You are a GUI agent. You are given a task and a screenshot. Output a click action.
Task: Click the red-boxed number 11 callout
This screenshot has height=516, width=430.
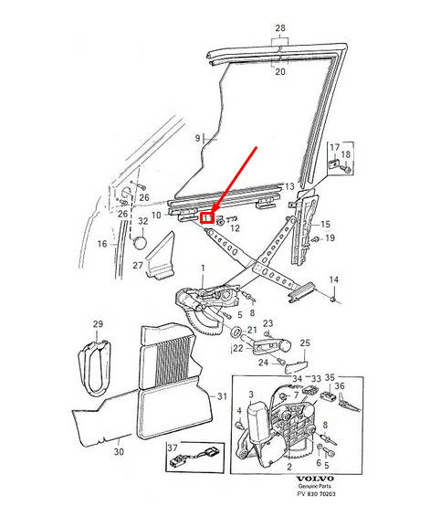pyautogui.click(x=207, y=218)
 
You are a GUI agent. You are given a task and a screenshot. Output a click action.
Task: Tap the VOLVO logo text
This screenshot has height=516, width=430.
pyautogui.click(x=315, y=479)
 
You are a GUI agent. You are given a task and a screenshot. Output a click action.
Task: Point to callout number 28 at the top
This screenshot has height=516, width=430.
pyautogui.click(x=280, y=28)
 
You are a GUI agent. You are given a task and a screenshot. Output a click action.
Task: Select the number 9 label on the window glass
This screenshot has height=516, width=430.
pyautogui.click(x=197, y=138)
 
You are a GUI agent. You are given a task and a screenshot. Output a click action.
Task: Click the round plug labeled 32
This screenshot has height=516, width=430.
pyautogui.click(x=139, y=243)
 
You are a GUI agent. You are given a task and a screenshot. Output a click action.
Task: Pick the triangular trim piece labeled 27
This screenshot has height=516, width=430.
pyautogui.click(x=161, y=256)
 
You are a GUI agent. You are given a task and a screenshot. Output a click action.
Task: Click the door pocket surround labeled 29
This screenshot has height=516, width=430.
pyautogui.click(x=94, y=368)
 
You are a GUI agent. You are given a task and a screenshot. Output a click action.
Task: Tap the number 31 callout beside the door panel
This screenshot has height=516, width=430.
pyautogui.click(x=222, y=396)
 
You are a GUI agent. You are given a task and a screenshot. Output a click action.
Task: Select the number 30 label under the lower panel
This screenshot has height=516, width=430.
pyautogui.click(x=119, y=451)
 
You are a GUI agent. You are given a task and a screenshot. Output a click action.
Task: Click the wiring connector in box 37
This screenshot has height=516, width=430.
pyautogui.click(x=195, y=456)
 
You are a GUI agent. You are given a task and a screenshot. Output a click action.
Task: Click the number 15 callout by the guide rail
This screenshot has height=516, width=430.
pyautogui.click(x=325, y=225)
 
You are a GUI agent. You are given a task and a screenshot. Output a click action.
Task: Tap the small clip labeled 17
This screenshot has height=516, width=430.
pyautogui.click(x=334, y=163)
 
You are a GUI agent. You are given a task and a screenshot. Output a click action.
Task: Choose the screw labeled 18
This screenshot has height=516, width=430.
pyautogui.click(x=346, y=169)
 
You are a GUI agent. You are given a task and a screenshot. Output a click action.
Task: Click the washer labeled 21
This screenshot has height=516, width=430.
pyautogui.click(x=236, y=332)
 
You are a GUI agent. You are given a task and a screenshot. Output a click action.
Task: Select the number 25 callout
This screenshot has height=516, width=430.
pyautogui.click(x=305, y=342)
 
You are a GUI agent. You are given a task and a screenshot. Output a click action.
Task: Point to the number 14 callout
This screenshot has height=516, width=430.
pyautogui.click(x=333, y=279)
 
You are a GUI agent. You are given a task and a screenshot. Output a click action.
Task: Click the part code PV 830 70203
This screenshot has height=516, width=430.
pyautogui.click(x=316, y=493)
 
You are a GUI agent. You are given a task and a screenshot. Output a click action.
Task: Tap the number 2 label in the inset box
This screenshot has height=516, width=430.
pyautogui.click(x=289, y=467)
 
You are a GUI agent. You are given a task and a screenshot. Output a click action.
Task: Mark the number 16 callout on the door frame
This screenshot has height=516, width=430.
pyautogui.click(x=102, y=244)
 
